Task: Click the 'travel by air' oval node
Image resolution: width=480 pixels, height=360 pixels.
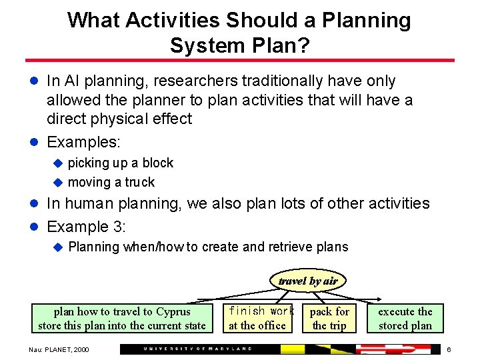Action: coord(307,281)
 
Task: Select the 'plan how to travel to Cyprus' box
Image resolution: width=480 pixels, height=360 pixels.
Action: coord(122,319)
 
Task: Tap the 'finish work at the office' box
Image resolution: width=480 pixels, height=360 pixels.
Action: coord(261,319)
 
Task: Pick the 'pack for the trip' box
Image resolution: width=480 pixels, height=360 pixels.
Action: coord(329,319)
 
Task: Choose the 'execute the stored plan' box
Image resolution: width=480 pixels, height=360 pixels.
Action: coord(405,319)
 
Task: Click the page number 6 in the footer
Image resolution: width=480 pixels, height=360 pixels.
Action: coord(449,349)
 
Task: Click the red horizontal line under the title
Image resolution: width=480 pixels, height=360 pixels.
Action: coord(240,61)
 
